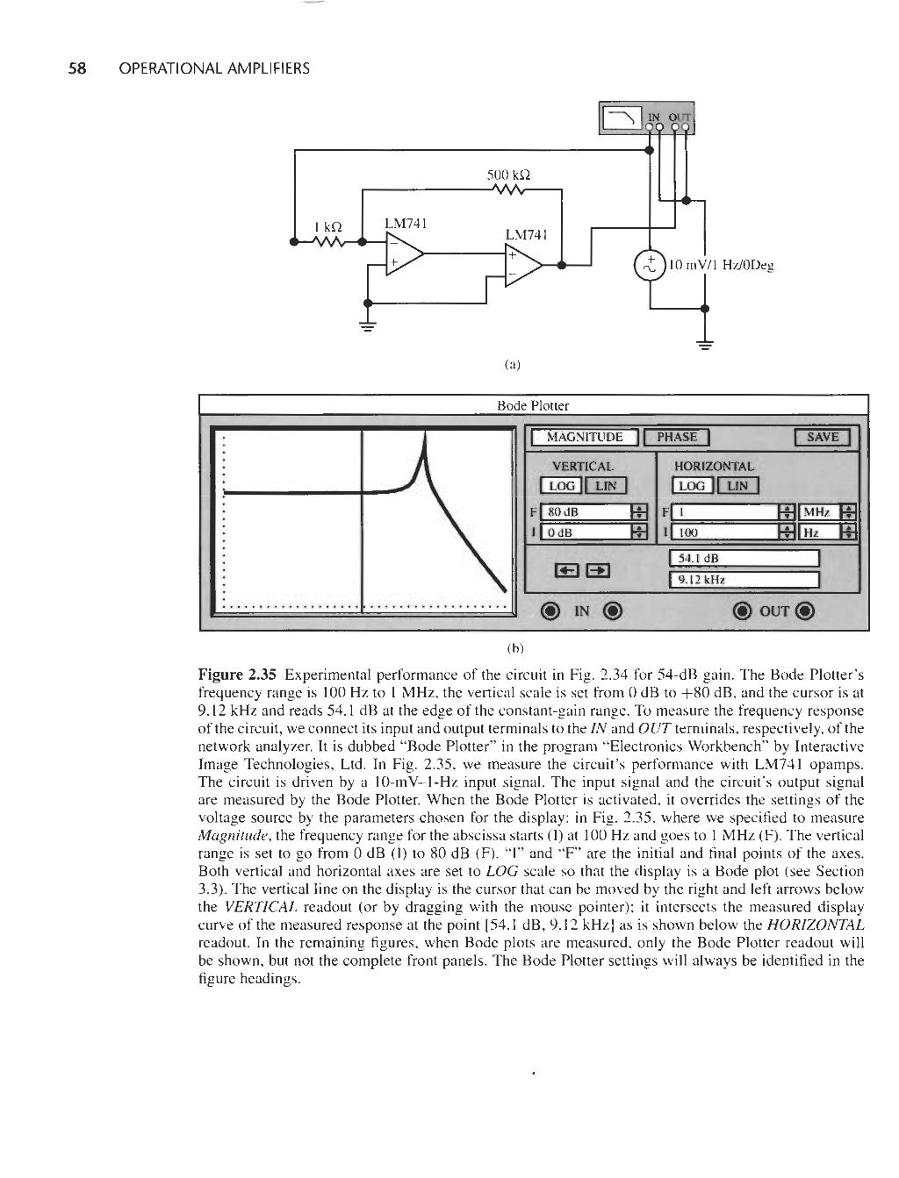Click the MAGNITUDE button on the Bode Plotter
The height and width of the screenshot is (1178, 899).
click(585, 438)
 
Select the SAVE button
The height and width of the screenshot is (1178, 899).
click(823, 438)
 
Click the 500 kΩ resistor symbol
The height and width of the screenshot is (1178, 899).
click(508, 191)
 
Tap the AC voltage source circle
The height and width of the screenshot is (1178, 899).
click(650, 265)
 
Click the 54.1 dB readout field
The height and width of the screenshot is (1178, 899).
click(744, 559)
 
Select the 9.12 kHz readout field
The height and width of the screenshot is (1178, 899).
click(744, 579)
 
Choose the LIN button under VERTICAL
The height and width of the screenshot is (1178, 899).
click(607, 486)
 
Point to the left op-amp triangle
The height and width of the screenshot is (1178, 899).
click(404, 254)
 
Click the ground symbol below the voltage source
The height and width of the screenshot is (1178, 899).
click(705, 344)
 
